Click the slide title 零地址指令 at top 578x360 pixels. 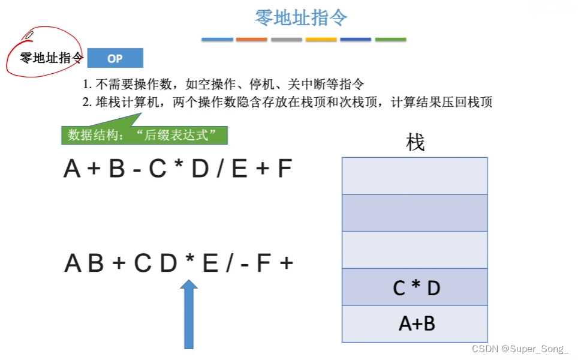click(x=301, y=17)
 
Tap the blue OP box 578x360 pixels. click(x=115, y=58)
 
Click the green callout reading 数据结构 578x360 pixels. click(x=144, y=134)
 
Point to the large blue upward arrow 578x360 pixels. click(x=189, y=314)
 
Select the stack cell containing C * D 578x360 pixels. click(x=415, y=287)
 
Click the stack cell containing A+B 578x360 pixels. click(x=415, y=324)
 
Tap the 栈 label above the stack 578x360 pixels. click(x=415, y=143)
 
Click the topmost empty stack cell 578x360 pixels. click(x=415, y=176)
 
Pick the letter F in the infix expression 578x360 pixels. click(x=284, y=170)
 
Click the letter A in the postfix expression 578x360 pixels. click(x=73, y=263)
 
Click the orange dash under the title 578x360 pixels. click(x=251, y=40)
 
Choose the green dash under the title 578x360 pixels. click(x=390, y=40)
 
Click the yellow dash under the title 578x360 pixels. click(x=321, y=40)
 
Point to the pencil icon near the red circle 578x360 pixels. click(x=28, y=35)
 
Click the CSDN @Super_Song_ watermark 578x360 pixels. click(x=520, y=349)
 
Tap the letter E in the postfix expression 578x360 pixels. click(x=210, y=263)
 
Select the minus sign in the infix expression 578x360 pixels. click(x=137, y=170)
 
